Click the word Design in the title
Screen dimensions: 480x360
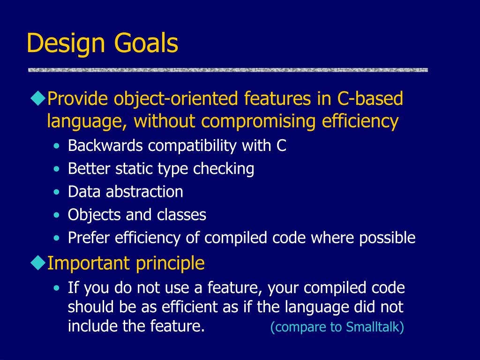pos(66,44)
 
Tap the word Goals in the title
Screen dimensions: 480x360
pos(146,43)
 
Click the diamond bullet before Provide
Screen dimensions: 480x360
pos(38,98)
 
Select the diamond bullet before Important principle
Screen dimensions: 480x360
pos(38,263)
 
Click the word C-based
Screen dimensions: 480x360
pos(370,98)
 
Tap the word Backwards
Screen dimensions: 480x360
pos(105,145)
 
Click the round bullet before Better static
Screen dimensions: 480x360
pos(56,169)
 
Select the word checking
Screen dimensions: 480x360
pos(224,169)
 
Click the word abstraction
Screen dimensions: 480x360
pos(144,192)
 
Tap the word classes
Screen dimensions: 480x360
pos(181,215)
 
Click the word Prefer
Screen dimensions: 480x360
pos(89,238)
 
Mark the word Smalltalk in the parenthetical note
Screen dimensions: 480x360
pos(373,327)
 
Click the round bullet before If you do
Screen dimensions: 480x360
pos(56,288)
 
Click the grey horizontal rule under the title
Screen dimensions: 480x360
pos(228,70)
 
